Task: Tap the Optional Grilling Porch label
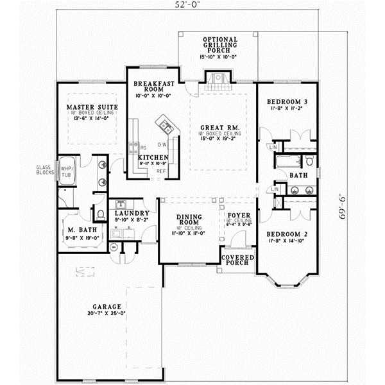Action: tap(219, 44)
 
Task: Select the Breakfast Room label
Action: tap(151, 87)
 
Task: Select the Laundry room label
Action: tap(132, 213)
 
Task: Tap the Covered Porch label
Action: tap(237, 259)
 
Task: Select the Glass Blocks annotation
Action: tap(46, 170)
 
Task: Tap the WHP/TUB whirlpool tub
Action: tap(67, 171)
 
